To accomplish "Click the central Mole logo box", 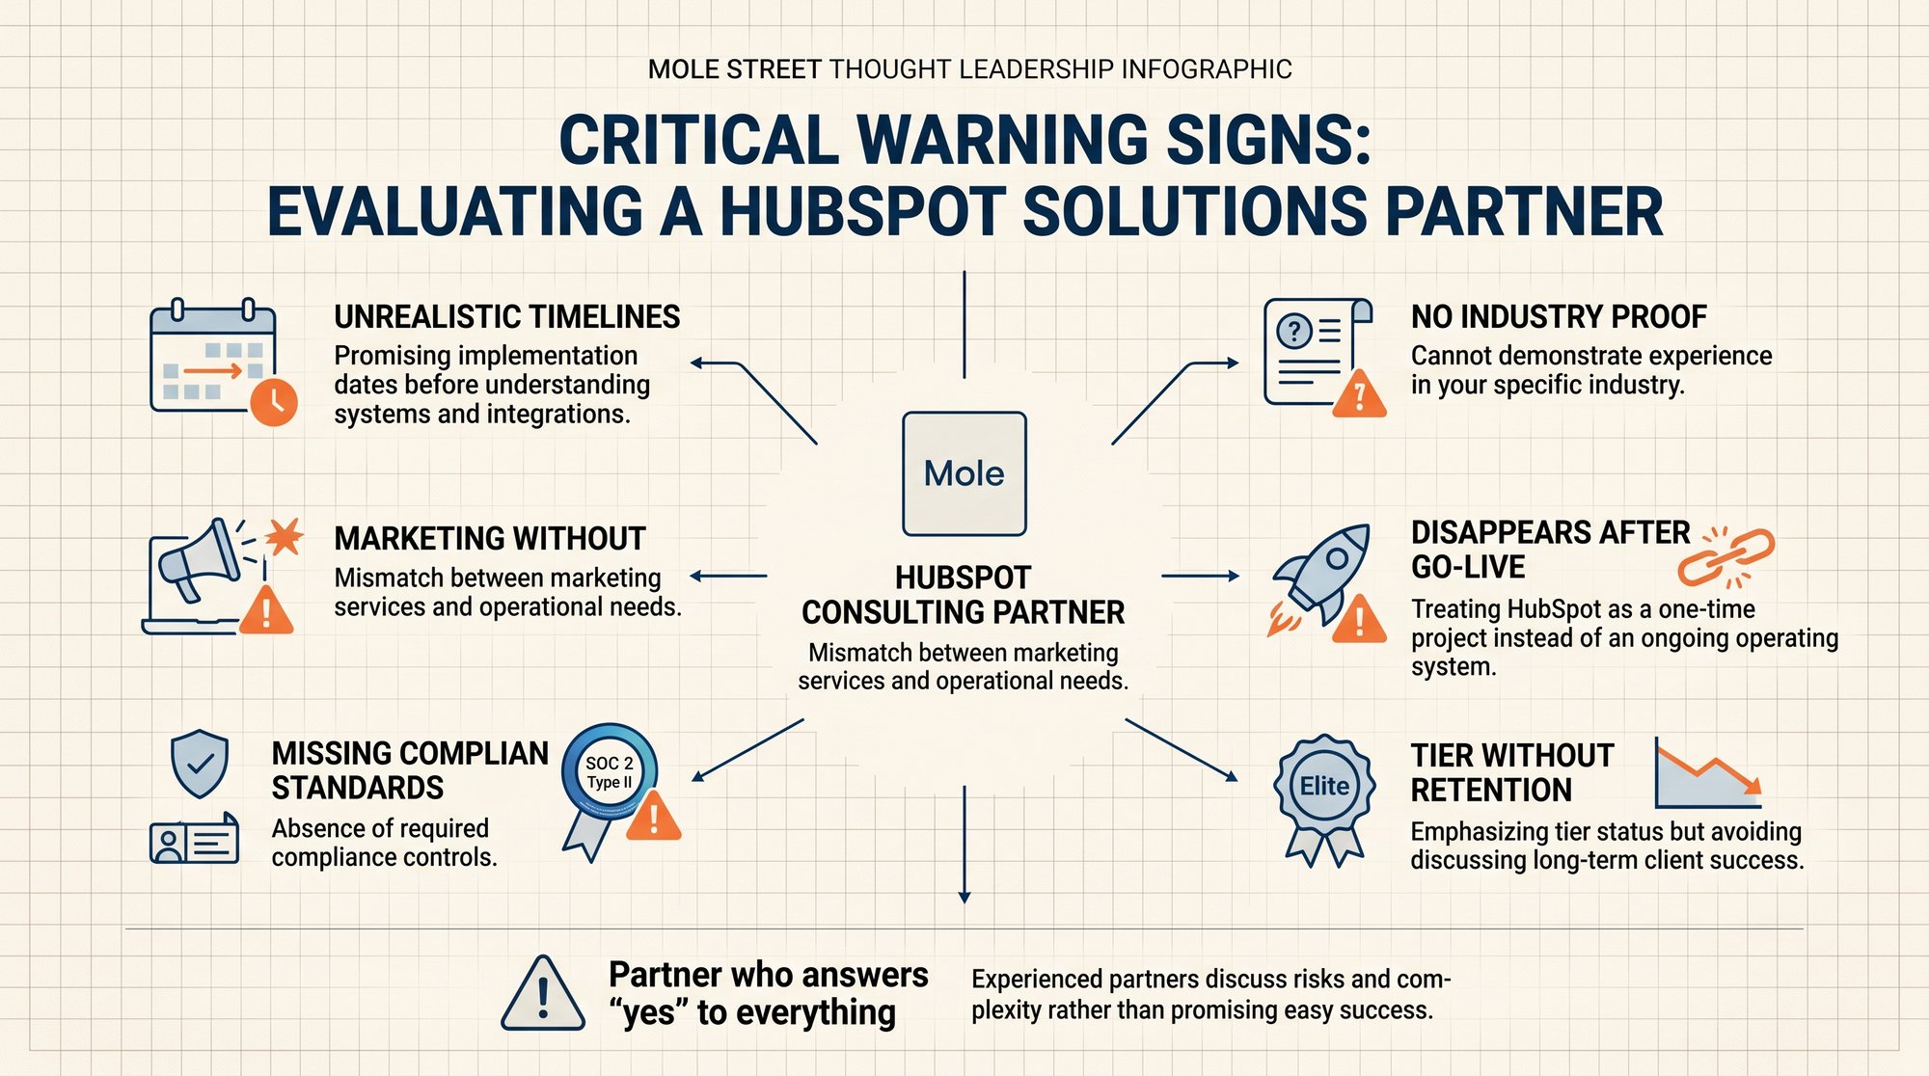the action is pyautogui.click(x=964, y=473).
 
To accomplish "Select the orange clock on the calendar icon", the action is pyautogui.click(x=273, y=402).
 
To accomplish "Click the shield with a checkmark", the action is pyautogui.click(x=200, y=764).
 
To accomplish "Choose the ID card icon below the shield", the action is pyautogui.click(x=194, y=839).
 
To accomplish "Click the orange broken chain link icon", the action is pyautogui.click(x=1726, y=557).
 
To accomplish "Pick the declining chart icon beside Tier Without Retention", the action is pyautogui.click(x=1708, y=773).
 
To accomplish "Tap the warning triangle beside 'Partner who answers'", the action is pyautogui.click(x=543, y=994).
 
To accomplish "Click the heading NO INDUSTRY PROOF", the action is pyautogui.click(x=1559, y=316).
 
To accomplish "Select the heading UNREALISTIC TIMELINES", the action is pyautogui.click(x=507, y=316).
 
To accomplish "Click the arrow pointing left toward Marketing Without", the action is pyautogui.click(x=728, y=577).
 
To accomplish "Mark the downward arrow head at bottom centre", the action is pyautogui.click(x=964, y=898).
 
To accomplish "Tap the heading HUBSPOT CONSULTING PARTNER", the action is pyautogui.click(x=964, y=595).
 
